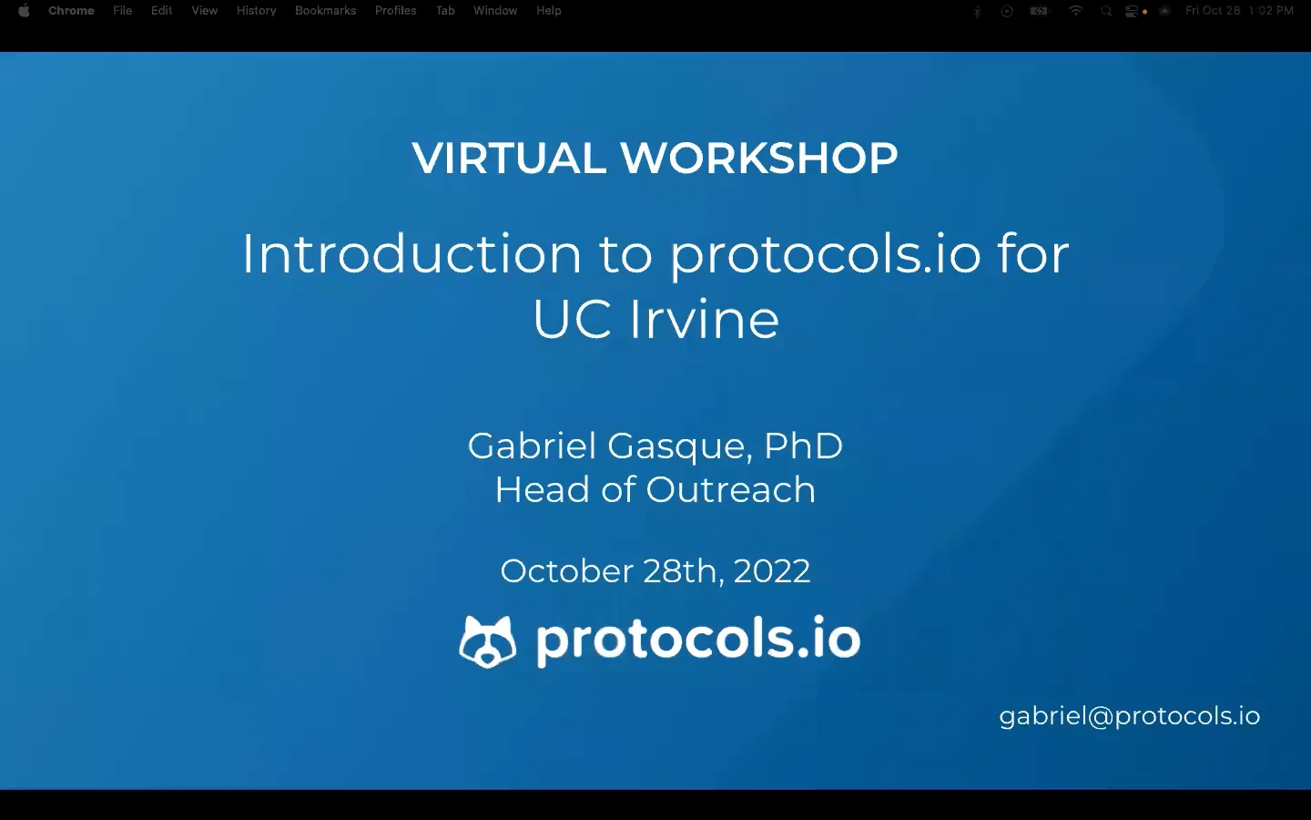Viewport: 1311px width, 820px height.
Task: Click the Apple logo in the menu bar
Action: [24, 11]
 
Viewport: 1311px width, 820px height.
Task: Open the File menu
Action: [122, 11]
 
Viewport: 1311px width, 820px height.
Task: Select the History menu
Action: [256, 11]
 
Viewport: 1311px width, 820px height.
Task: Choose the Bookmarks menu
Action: [325, 11]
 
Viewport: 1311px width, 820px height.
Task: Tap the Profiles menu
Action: [395, 11]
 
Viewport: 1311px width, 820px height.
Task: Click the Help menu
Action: [548, 11]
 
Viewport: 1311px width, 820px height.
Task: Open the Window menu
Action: [495, 11]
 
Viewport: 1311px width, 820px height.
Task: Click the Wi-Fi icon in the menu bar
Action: [1075, 11]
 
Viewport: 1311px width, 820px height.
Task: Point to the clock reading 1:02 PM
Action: [1271, 11]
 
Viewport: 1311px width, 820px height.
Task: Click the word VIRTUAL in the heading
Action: [508, 159]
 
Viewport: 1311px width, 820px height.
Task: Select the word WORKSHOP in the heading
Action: [759, 159]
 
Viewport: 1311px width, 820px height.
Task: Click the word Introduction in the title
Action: [412, 253]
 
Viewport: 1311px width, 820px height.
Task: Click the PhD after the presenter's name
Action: [803, 446]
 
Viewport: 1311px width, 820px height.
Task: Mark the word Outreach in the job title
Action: [730, 490]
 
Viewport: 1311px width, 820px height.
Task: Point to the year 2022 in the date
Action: [771, 571]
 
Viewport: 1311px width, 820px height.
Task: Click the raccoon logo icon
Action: [487, 641]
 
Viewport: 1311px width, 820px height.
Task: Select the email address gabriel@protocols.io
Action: [1129, 716]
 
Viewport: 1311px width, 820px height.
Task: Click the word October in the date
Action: [566, 571]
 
